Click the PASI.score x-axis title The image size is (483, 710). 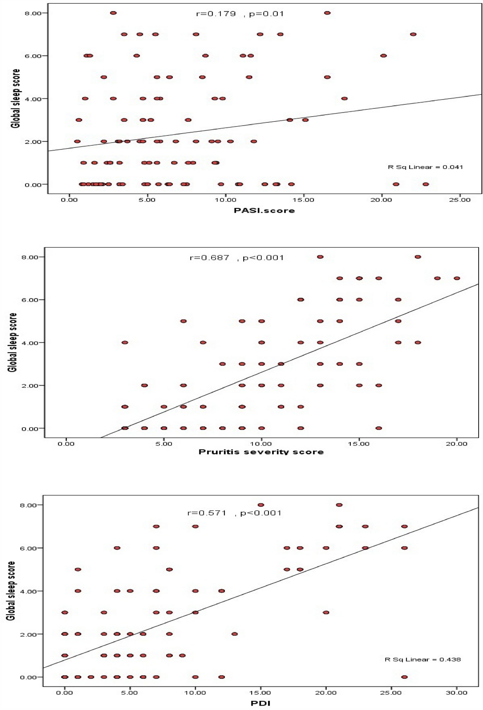tap(264, 211)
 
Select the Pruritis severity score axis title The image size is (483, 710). tap(261, 452)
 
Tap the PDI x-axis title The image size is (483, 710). tap(261, 703)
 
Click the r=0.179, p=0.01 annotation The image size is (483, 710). tap(239, 14)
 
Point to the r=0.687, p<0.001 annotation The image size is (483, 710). tap(236, 258)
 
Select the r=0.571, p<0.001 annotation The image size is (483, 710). tap(234, 513)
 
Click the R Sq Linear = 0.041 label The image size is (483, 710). tap(425, 167)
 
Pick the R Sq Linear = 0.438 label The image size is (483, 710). tap(423, 659)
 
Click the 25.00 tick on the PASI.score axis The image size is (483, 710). tap(459, 200)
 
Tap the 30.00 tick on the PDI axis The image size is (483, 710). tap(457, 693)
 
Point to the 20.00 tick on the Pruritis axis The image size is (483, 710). tap(457, 444)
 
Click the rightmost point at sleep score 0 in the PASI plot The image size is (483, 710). tap(426, 184)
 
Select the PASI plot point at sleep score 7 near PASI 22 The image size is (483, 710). tap(413, 34)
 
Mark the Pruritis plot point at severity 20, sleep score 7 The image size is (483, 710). tap(457, 278)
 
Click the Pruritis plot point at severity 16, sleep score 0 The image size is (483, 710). tap(379, 428)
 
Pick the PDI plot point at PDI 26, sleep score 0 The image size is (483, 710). tap(404, 677)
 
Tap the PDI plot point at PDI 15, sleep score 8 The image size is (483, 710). tap(261, 505)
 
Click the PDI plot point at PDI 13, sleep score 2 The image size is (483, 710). tap(234, 634)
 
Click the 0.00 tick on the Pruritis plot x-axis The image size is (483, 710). tap(66, 444)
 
